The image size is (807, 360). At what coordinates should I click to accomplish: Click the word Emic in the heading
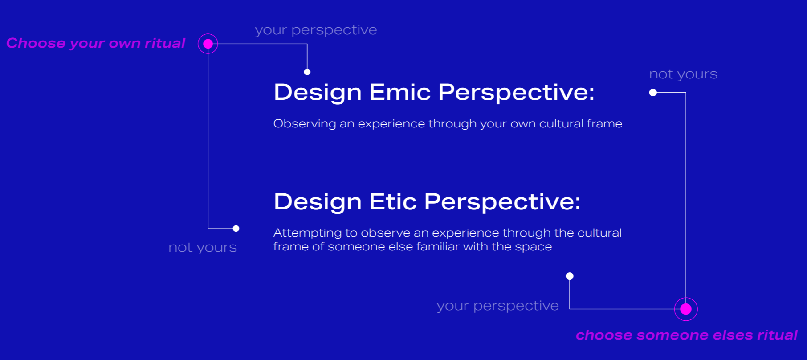(399, 92)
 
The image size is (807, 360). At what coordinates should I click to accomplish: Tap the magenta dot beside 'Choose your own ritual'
(208, 44)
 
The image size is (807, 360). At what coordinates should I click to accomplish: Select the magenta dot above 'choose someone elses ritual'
(686, 309)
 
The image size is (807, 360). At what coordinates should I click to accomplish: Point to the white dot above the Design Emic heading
(307, 72)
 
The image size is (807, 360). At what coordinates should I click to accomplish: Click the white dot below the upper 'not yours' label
(653, 92)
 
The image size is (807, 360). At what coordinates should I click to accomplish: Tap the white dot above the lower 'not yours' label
(236, 229)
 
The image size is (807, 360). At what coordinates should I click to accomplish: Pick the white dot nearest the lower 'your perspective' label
(570, 276)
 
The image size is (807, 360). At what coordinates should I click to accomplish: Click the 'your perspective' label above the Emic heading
(316, 30)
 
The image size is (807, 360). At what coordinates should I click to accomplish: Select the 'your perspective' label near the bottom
(497, 306)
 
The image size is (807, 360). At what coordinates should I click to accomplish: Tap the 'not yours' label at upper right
(683, 74)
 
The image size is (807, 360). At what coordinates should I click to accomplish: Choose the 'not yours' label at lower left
(203, 247)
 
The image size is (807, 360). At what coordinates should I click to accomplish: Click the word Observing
(305, 124)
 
